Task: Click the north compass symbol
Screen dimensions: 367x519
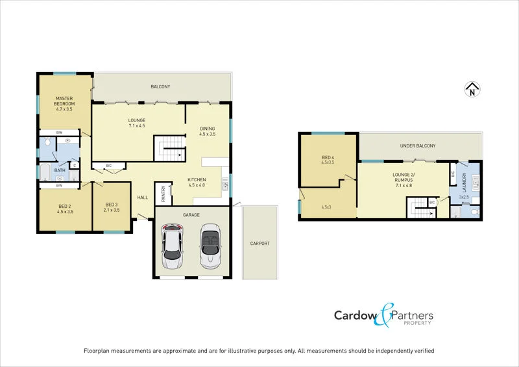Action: pos(472,90)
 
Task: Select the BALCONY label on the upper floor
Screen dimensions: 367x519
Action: pos(160,86)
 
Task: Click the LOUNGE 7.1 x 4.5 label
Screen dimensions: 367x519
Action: pos(136,123)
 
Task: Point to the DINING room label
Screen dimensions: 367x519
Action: pos(208,131)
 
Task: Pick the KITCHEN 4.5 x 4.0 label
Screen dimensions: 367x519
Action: pos(197,183)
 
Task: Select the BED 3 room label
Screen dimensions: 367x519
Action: pos(112,208)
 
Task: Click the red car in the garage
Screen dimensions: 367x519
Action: pos(173,247)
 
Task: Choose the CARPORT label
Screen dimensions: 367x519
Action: pos(259,244)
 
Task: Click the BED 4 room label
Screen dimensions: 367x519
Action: pos(327,160)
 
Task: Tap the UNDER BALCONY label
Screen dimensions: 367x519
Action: pos(418,146)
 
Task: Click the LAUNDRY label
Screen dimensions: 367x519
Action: pos(464,178)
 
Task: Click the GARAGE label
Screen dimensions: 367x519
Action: pos(191,215)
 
